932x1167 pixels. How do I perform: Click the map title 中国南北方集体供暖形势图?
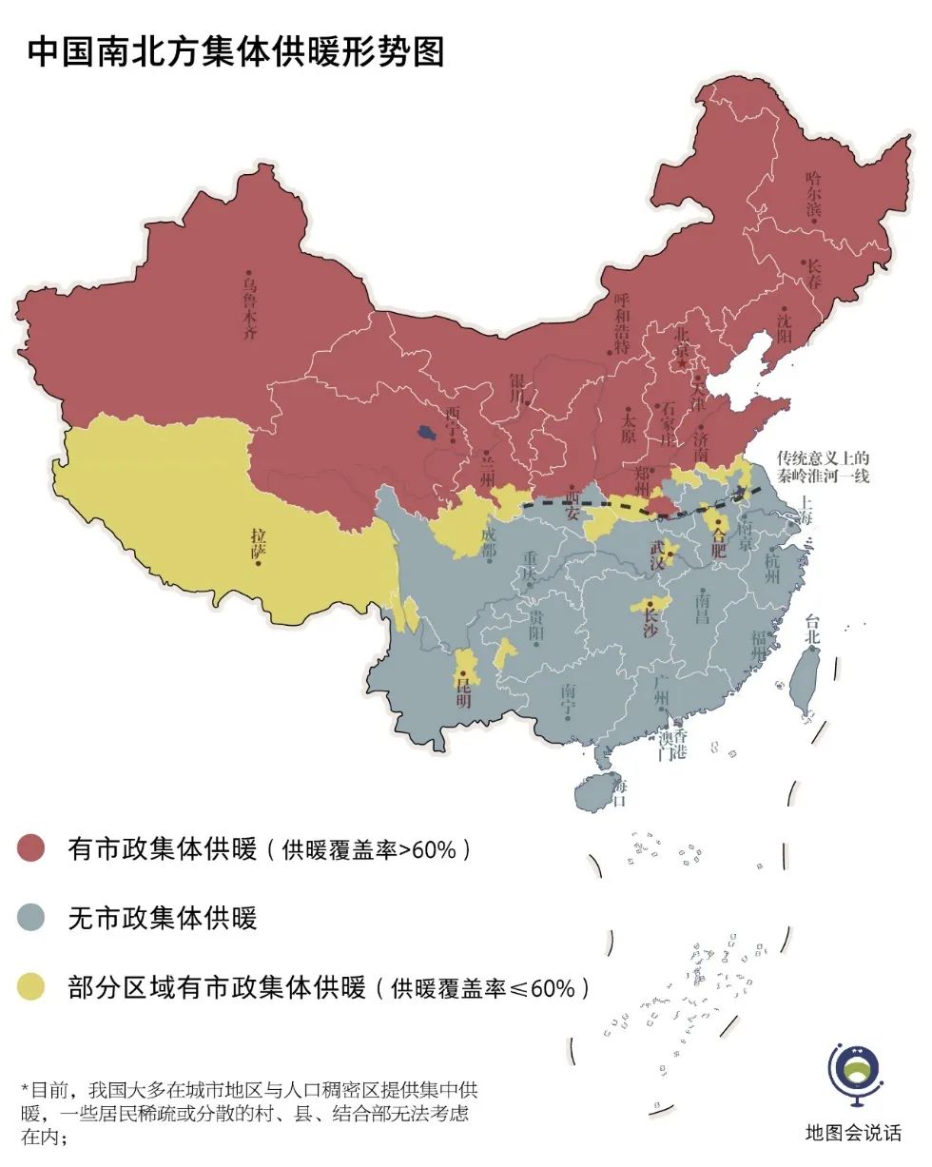point(236,52)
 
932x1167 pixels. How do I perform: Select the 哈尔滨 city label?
point(813,194)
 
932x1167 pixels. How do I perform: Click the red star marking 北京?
point(682,363)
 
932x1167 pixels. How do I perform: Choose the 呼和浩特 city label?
point(622,323)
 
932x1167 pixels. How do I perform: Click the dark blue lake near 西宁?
point(428,434)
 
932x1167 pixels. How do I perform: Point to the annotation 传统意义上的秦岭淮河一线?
point(823,466)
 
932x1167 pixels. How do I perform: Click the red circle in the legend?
point(32,848)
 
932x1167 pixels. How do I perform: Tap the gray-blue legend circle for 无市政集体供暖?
point(32,918)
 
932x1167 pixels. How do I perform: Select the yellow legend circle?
point(32,987)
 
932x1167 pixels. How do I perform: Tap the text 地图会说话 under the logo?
point(853,1133)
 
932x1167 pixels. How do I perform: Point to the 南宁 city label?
point(569,701)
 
